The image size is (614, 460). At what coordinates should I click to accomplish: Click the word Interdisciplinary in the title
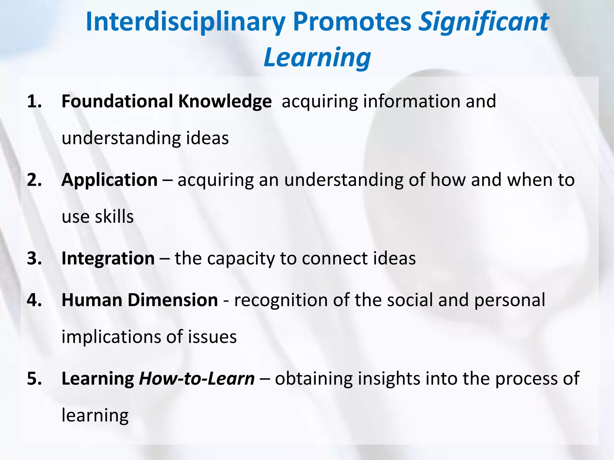pyautogui.click(x=185, y=22)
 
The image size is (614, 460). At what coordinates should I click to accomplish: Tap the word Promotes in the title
pyautogui.click(x=352, y=22)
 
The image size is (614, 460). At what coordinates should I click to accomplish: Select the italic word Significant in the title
pyautogui.click(x=483, y=22)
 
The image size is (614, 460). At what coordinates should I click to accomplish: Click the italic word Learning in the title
pyautogui.click(x=317, y=57)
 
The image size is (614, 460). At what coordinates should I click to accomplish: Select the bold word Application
pyautogui.click(x=109, y=181)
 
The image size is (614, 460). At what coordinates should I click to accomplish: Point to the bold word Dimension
pyautogui.click(x=173, y=300)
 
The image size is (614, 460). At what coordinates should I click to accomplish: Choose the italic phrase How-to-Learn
pyautogui.click(x=197, y=379)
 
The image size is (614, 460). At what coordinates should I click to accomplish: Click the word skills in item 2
pyautogui.click(x=114, y=217)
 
